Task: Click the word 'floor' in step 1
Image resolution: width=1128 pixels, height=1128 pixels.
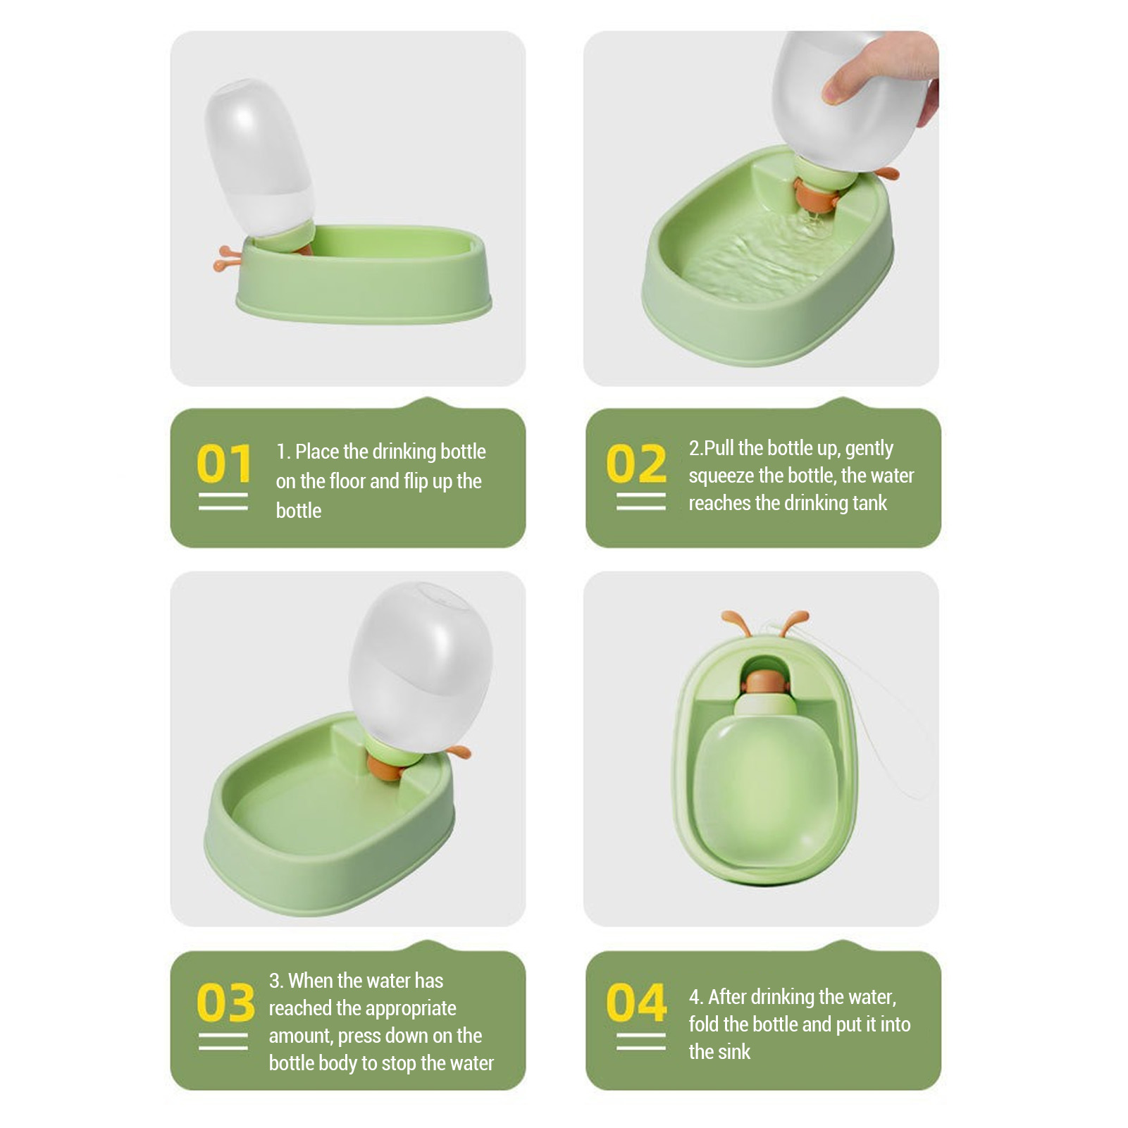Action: coord(347,481)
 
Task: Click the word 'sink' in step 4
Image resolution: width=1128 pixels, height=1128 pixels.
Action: coord(736,1052)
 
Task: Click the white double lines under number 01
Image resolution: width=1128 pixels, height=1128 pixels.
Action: coord(223,502)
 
